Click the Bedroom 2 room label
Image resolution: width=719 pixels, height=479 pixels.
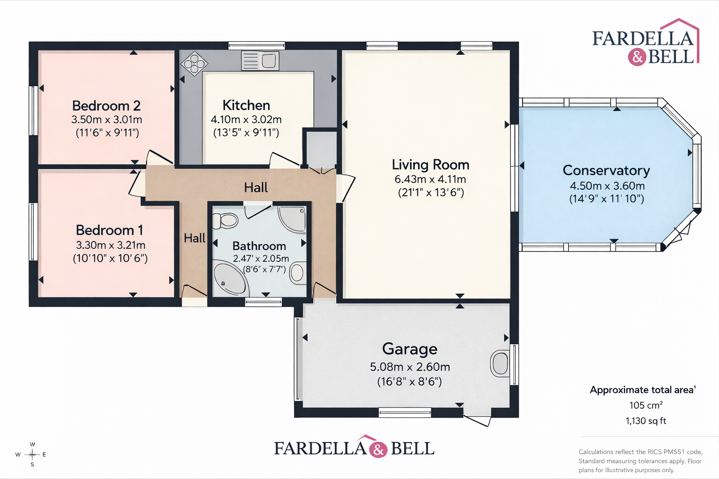point(106,106)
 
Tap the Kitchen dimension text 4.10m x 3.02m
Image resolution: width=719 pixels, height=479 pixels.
point(246,119)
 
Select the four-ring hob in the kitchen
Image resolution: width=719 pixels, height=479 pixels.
point(194,64)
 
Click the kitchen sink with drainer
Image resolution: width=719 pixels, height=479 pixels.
point(260,61)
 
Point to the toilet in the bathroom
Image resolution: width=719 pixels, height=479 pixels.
point(225,221)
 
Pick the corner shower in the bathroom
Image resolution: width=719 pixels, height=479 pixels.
point(292,219)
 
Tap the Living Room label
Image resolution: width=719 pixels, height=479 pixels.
point(431,165)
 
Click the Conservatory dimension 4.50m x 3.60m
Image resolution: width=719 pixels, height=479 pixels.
point(607,185)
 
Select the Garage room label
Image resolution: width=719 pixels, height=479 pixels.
point(410,349)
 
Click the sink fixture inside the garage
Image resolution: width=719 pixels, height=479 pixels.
point(500,363)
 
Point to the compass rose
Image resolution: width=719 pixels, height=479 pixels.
point(32,454)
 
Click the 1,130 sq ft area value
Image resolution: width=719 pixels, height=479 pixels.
point(646,421)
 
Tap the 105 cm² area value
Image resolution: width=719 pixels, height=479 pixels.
point(646,405)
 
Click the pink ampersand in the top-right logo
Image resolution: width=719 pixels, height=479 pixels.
point(637,57)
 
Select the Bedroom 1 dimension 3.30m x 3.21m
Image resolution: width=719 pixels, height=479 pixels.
point(110,245)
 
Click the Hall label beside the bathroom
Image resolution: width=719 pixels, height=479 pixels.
point(195,238)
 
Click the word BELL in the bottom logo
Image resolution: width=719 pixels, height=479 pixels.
point(412,448)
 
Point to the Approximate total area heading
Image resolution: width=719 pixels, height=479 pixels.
point(643,390)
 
